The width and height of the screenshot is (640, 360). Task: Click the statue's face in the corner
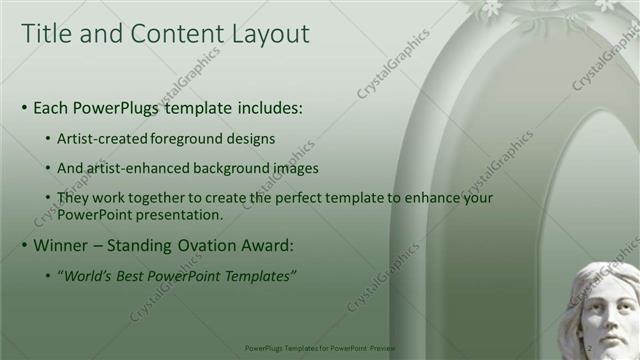coord(607,315)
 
